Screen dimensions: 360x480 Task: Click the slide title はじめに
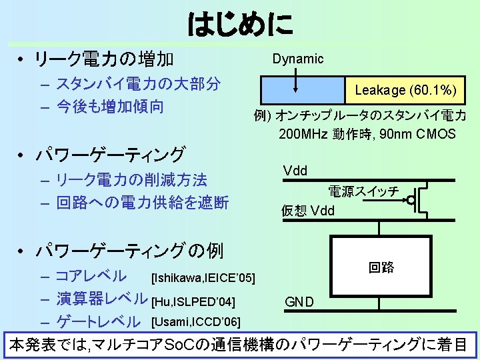coord(240,25)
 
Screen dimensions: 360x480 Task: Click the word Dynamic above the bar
coord(298,59)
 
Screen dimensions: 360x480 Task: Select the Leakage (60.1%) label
coord(405,90)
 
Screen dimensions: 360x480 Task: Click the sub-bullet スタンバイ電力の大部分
coord(139,84)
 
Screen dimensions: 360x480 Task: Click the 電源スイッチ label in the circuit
coord(364,192)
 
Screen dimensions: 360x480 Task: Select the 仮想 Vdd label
coord(307,212)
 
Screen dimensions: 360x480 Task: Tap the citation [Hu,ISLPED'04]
coord(193,302)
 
